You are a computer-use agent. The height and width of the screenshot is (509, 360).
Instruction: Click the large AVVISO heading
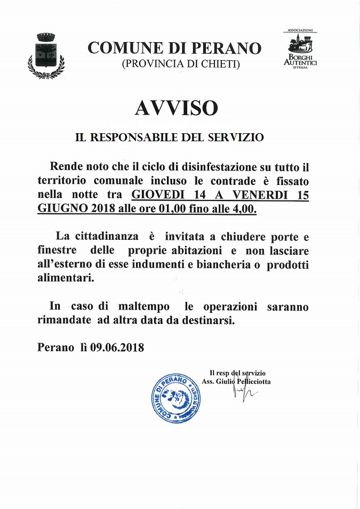[176, 108]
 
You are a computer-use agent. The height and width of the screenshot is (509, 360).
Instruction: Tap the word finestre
[57, 250]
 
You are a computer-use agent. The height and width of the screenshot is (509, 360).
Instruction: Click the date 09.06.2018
[117, 348]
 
